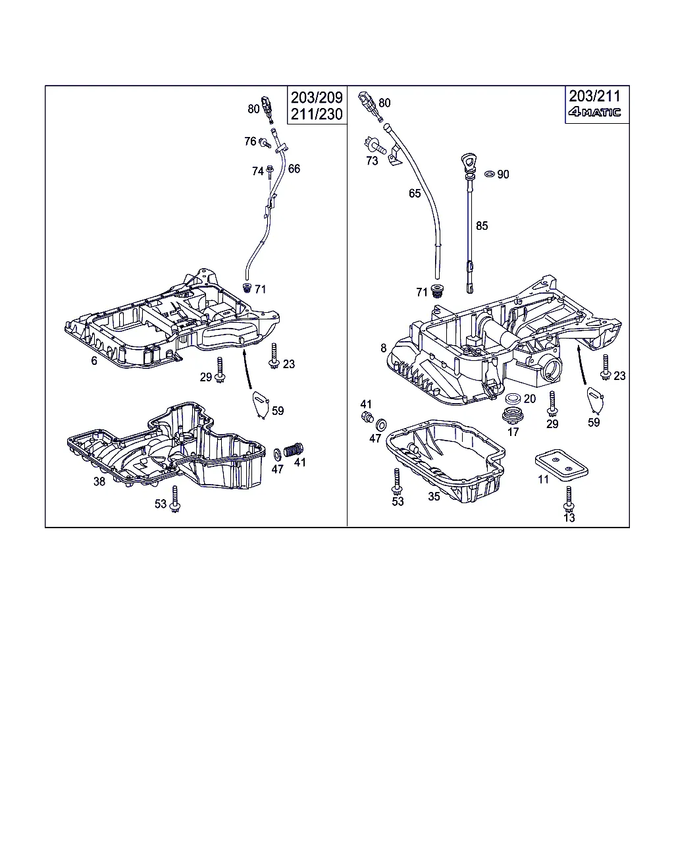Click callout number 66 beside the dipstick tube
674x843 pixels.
(x=294, y=169)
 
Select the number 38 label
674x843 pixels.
(x=99, y=481)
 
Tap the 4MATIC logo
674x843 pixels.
(x=594, y=112)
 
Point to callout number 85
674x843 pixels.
(x=482, y=226)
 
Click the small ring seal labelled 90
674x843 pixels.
(x=488, y=174)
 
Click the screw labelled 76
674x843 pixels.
(x=265, y=142)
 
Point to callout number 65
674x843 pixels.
(x=414, y=193)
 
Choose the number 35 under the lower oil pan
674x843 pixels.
(x=434, y=497)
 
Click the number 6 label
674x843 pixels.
(x=94, y=361)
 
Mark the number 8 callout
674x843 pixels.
(x=384, y=348)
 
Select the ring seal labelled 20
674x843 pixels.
(x=512, y=398)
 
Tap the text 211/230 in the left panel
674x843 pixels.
(x=317, y=114)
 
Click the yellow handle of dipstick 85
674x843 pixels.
(x=468, y=161)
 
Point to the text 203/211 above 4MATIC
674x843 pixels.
(x=595, y=96)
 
